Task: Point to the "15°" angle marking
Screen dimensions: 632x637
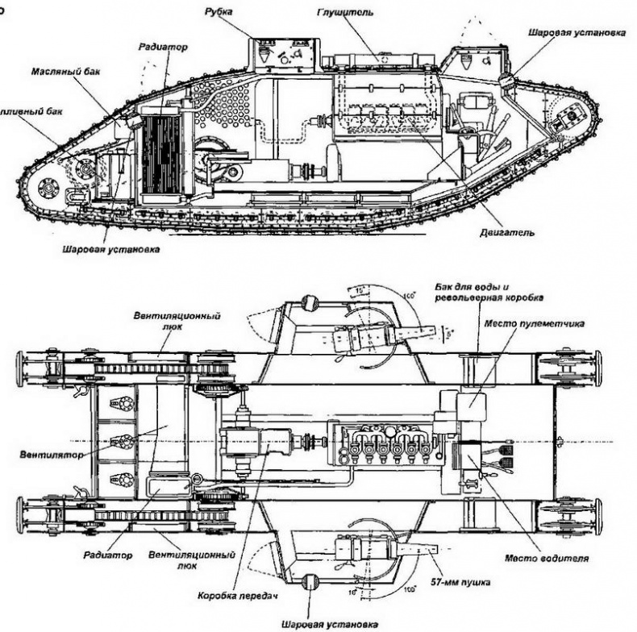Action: pyautogui.click(x=355, y=289)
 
